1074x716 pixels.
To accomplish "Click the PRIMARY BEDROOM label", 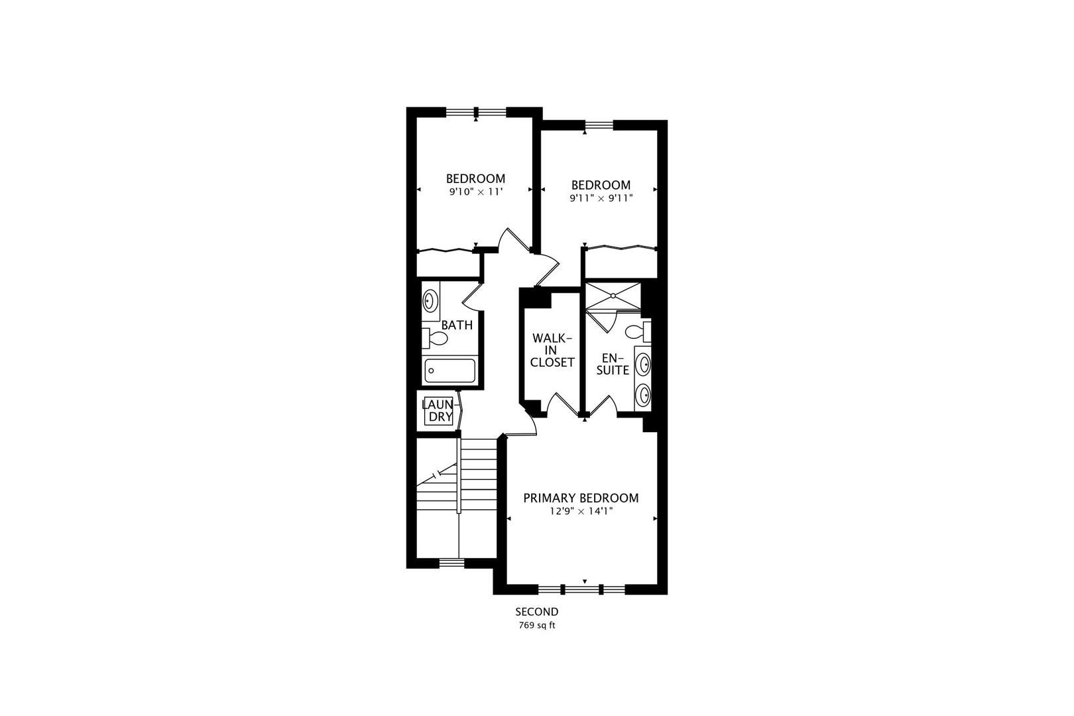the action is [x=581, y=499].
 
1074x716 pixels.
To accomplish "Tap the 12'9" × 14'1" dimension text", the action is [x=581, y=511].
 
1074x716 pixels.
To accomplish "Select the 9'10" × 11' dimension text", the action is [x=475, y=192].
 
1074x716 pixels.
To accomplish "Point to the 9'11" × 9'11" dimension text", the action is [x=601, y=198].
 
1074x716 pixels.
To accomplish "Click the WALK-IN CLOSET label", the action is [x=552, y=351].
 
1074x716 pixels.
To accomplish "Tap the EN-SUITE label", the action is [x=613, y=364].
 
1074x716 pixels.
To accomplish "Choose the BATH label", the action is [x=457, y=325].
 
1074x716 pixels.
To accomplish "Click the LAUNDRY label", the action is [x=438, y=410].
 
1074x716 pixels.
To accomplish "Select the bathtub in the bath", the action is [x=449, y=370].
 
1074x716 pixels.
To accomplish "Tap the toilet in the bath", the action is [x=434, y=338].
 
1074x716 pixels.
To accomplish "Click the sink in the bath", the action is [x=430, y=301].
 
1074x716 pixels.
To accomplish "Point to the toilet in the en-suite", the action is [x=638, y=331].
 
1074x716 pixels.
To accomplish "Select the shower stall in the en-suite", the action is [x=613, y=296].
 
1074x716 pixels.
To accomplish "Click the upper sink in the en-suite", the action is [x=642, y=365].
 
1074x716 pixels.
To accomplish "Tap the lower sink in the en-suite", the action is [x=642, y=395].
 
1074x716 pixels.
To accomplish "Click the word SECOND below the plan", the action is [x=536, y=612].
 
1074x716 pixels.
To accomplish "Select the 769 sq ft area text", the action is [x=537, y=625].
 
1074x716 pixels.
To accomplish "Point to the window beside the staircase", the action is [x=452, y=564].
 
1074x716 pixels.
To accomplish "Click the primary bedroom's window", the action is [x=581, y=589].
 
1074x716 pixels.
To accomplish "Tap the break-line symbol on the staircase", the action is [x=437, y=475].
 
